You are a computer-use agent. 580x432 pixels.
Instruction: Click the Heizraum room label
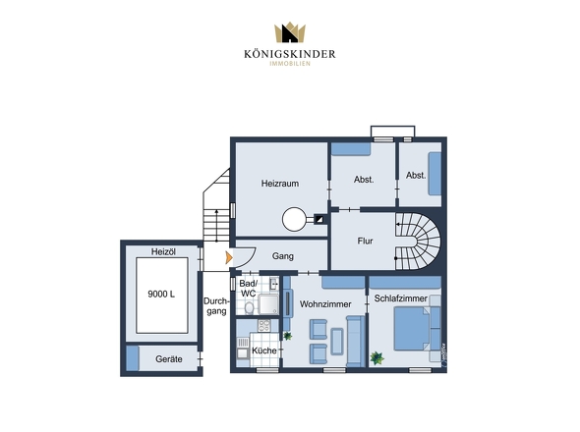pyautogui.click(x=279, y=184)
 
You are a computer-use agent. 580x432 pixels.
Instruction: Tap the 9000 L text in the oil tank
pyautogui.click(x=161, y=295)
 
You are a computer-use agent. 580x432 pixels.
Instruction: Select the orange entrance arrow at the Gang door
pyautogui.click(x=229, y=257)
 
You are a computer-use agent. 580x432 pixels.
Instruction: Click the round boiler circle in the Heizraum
pyautogui.click(x=294, y=219)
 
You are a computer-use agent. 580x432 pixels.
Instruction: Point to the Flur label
pyautogui.click(x=365, y=241)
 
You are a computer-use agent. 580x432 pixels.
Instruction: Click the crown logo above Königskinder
pyautogui.click(x=290, y=32)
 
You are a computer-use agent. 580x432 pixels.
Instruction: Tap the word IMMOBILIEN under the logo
pyautogui.click(x=290, y=64)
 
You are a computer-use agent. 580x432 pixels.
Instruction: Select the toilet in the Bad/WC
pyautogui.click(x=250, y=307)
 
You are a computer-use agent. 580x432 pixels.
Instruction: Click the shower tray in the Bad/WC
pyautogui.click(x=268, y=304)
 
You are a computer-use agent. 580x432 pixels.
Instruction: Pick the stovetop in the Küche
pyautogui.click(x=264, y=326)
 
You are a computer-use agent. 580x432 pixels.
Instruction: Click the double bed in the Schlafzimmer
pyautogui.click(x=412, y=329)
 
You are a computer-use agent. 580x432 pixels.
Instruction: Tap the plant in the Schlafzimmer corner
pyautogui.click(x=377, y=357)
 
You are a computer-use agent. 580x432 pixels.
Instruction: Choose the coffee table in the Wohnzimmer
pyautogui.click(x=336, y=342)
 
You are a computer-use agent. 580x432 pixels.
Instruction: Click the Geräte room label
pyautogui.click(x=169, y=358)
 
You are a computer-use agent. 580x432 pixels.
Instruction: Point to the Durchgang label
pyautogui.click(x=216, y=306)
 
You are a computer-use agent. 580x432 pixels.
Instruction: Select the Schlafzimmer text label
pyautogui.click(x=401, y=298)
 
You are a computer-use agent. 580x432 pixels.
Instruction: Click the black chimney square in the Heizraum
pyautogui.click(x=319, y=220)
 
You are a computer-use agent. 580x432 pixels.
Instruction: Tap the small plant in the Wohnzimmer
pyautogui.click(x=287, y=336)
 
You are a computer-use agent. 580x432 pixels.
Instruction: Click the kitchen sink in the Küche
pyautogui.click(x=242, y=353)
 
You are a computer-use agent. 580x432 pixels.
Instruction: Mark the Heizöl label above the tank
pyautogui.click(x=163, y=252)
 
